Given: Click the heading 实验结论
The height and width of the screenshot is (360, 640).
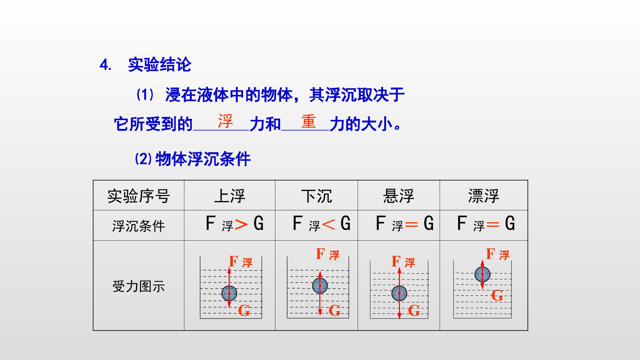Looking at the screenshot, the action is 159,65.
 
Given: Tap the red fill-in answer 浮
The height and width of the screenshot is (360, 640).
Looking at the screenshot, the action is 225,121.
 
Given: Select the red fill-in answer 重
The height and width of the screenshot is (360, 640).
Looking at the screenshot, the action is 308,121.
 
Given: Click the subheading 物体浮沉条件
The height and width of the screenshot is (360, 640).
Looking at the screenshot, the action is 203,159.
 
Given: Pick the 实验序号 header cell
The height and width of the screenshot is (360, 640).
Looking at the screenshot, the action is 139,196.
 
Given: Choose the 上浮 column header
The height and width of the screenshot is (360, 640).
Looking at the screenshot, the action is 230,196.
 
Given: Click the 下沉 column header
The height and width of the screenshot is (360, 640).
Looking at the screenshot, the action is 317,196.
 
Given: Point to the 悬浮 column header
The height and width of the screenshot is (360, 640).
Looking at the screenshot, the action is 399,196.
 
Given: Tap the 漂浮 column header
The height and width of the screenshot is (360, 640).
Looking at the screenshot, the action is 484,196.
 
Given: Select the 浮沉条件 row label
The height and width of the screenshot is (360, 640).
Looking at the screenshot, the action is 139,226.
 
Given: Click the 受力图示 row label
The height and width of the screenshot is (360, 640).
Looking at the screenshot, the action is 139,286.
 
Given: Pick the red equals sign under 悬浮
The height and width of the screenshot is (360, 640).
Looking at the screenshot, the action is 411,225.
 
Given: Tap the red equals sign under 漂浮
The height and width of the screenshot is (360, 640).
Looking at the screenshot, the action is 493,225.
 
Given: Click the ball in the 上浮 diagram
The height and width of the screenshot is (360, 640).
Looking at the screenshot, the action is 229,293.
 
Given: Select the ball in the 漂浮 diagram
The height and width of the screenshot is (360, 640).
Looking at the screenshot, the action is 482,274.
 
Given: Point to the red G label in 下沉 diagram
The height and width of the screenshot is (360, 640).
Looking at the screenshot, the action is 335,311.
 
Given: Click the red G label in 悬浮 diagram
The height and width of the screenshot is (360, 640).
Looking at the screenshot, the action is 414,311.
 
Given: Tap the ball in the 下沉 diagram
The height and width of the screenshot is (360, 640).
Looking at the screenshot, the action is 320,286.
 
